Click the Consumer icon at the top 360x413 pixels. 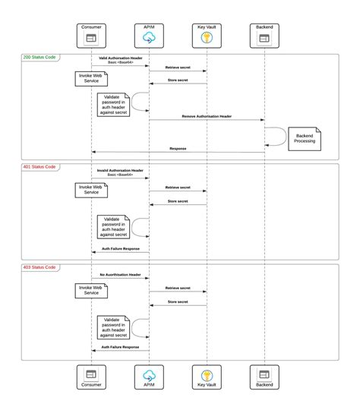tap(91, 37)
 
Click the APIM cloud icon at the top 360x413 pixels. tap(149, 37)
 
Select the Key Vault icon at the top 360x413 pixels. tap(207, 37)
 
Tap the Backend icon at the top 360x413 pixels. tap(264, 37)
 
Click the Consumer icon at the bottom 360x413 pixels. tap(91, 374)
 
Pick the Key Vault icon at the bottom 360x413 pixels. tap(207, 374)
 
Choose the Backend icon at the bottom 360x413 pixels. tap(264, 374)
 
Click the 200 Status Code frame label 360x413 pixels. tap(39, 58)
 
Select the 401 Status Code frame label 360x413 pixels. tap(39, 166)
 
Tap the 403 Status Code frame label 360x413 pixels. tap(39, 267)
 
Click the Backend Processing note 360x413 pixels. tap(306, 138)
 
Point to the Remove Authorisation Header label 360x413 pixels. tap(207, 116)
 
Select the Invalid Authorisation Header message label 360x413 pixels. tap(120, 171)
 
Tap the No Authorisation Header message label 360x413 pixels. tap(120, 274)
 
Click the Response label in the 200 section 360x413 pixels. tap(178, 149)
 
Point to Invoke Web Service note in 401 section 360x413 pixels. tap(92, 189)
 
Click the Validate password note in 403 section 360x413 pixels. tap(112, 327)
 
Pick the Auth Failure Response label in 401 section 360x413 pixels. tap(120, 248)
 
